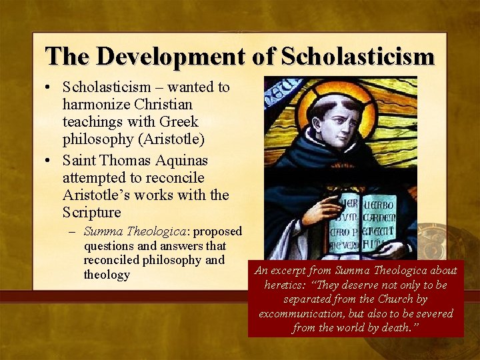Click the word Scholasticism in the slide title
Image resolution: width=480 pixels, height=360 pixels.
click(x=358, y=57)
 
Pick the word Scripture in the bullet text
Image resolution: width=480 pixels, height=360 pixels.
click(x=92, y=213)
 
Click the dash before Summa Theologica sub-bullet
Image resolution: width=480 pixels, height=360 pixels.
click(x=74, y=232)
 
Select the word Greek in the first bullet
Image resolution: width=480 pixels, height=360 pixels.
click(x=179, y=123)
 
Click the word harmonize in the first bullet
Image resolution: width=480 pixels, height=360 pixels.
click(x=95, y=105)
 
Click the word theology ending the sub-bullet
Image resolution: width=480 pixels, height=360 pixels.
click(x=107, y=275)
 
